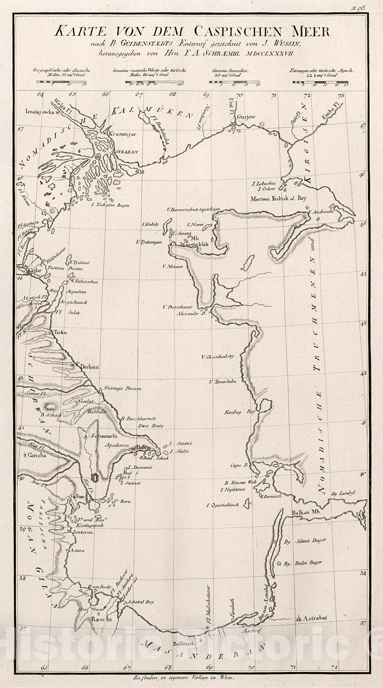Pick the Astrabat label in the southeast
click(x=315, y=618)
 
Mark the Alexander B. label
click(x=189, y=313)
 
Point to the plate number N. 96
click(x=358, y=8)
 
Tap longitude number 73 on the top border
click(x=341, y=96)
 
